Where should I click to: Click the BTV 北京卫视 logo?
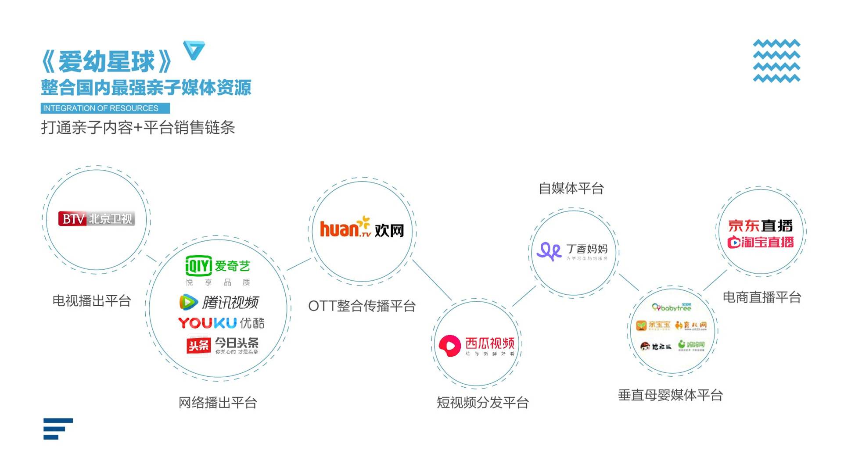click(97, 218)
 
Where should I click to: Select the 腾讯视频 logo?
click(219, 302)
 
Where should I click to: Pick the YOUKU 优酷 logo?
click(221, 323)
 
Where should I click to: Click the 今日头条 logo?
click(223, 345)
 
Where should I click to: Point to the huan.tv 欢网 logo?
click(362, 229)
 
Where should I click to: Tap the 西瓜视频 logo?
click(477, 345)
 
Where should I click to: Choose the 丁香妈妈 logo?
click(572, 251)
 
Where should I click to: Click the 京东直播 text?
click(760, 226)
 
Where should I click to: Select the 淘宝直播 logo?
click(760, 242)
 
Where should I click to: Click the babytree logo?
click(672, 307)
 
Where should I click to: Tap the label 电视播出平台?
click(92, 301)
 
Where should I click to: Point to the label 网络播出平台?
click(218, 403)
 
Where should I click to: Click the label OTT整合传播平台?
click(362, 306)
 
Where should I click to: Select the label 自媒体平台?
click(571, 189)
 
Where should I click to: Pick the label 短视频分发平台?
click(482, 403)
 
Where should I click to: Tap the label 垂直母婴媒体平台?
click(670, 395)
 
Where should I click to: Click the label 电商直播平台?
click(761, 297)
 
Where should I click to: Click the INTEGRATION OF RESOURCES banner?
click(105, 108)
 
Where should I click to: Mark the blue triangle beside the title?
click(194, 50)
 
